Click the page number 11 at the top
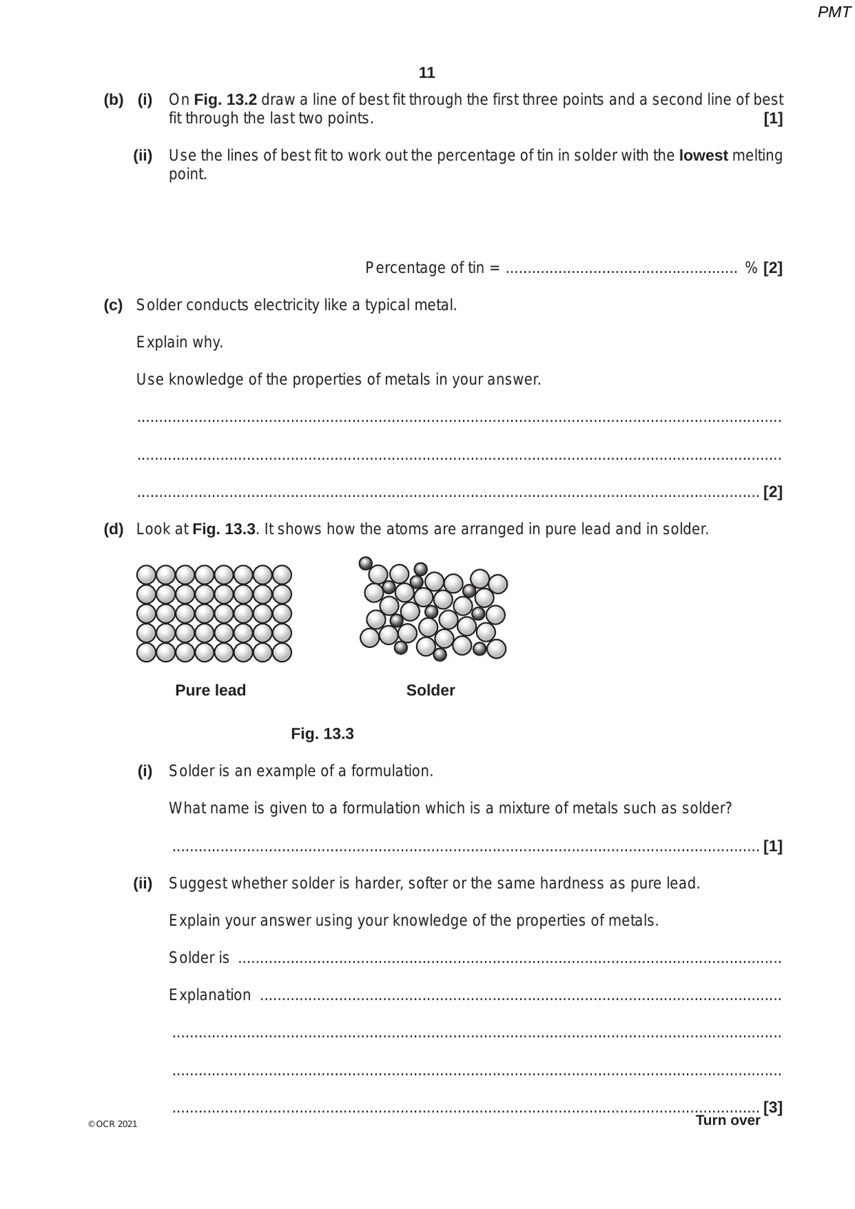coord(427,73)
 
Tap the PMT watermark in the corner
coord(834,12)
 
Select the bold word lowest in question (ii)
coord(703,155)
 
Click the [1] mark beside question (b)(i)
coord(772,119)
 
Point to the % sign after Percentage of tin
coord(751,268)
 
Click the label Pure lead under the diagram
coord(210,690)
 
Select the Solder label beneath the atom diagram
coord(430,690)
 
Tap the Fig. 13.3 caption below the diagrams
coord(322,734)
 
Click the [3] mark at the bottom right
coord(772,1107)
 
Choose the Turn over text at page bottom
coord(727,1121)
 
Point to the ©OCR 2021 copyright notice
coord(113,1124)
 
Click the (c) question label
coord(113,306)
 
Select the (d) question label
coord(113,530)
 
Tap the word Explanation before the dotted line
coord(209,995)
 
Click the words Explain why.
coord(180,343)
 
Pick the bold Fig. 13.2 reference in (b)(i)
coord(225,100)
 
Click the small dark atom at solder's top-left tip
coord(366,563)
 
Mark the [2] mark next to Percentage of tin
coord(772,269)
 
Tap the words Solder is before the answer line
coord(199,958)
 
